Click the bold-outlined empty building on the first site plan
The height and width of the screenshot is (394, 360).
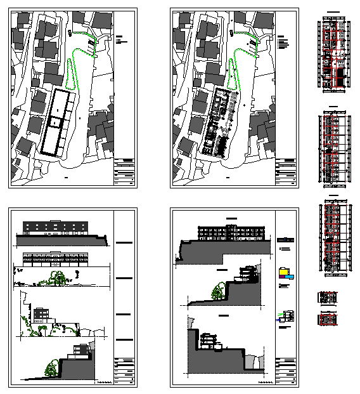(58, 122)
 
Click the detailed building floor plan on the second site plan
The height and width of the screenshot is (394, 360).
(219, 122)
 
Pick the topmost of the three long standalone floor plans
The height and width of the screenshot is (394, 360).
(333, 55)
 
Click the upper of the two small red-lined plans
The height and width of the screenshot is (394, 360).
(328, 297)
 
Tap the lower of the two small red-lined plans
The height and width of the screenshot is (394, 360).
(328, 318)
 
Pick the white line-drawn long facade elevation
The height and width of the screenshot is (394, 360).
(56, 258)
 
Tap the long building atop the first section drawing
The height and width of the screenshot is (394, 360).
(231, 232)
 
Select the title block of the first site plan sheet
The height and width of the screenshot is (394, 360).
(125, 172)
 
